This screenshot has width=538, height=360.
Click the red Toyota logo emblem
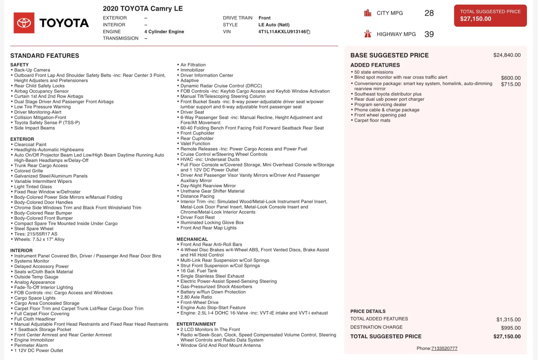[24, 23]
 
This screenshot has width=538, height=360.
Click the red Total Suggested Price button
[490, 15]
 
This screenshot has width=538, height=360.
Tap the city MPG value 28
[429, 13]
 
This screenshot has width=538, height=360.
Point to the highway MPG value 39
[429, 34]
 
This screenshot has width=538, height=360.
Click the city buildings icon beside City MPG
[368, 13]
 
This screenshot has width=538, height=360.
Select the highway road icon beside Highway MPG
[368, 34]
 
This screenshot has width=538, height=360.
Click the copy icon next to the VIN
[308, 32]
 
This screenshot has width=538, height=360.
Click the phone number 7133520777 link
[444, 349]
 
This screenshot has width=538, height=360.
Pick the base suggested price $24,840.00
[507, 55]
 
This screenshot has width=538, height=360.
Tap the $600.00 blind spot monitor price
[510, 78]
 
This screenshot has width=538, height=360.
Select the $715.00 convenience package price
[510, 84]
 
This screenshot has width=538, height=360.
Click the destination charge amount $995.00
[510, 328]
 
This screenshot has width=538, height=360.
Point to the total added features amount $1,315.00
[508, 320]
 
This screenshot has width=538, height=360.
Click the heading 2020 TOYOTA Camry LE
[143, 9]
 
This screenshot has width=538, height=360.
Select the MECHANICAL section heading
[192, 239]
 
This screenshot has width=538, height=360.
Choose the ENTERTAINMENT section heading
[196, 324]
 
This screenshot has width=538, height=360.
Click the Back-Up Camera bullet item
[32, 70]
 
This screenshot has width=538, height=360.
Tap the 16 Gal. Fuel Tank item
[199, 271]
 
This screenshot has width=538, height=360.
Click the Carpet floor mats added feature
[372, 120]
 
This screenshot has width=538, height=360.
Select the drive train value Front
[264, 18]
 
